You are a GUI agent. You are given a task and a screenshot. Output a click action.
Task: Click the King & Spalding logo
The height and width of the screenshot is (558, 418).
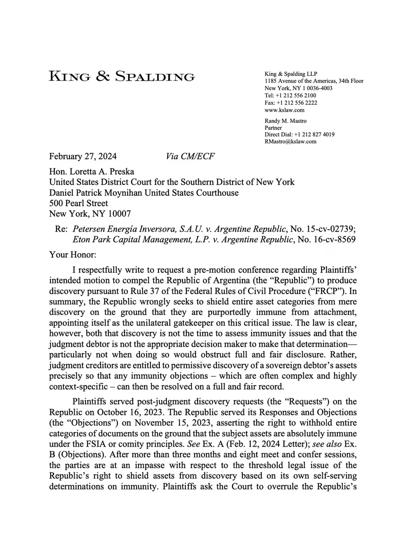point(122,76)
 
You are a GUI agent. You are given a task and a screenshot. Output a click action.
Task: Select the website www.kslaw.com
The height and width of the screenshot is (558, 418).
point(284,110)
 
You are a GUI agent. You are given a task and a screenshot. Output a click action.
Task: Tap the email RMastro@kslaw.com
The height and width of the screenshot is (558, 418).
point(290,141)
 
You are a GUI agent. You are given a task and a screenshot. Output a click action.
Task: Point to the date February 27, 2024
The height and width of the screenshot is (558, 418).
point(83,156)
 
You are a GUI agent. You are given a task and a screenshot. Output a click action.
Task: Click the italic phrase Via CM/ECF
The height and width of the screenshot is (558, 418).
point(190,156)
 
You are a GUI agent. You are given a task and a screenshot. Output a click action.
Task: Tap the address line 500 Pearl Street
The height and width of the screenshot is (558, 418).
point(79,203)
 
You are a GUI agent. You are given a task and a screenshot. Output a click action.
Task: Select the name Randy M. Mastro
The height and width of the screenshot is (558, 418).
point(286,121)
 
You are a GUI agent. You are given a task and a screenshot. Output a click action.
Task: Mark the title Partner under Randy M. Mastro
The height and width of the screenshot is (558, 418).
point(273,127)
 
